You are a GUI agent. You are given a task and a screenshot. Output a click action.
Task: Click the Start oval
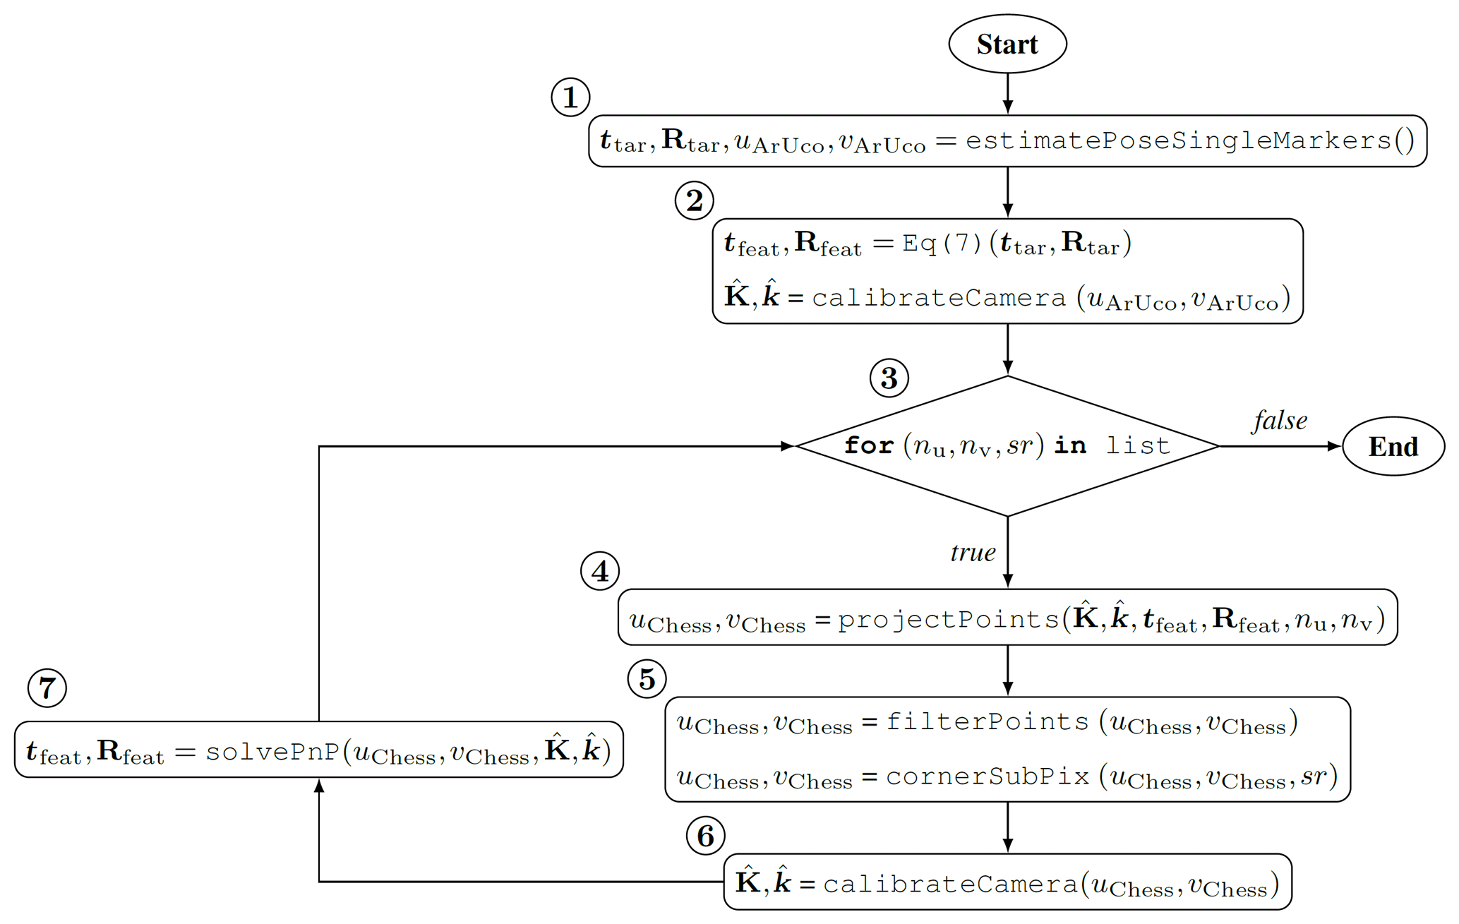(x=1007, y=44)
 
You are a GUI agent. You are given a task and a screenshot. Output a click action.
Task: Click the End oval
(x=1393, y=446)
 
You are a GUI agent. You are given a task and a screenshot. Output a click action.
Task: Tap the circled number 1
(x=570, y=97)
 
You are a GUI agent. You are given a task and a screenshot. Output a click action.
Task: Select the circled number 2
(x=694, y=200)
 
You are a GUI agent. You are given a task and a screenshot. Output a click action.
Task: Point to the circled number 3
(x=889, y=378)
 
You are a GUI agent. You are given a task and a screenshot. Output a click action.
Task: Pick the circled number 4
(x=600, y=571)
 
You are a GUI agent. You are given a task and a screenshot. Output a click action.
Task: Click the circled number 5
(x=647, y=679)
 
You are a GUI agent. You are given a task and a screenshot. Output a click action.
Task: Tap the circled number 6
(x=705, y=836)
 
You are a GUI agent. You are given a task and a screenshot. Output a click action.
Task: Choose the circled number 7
(x=47, y=688)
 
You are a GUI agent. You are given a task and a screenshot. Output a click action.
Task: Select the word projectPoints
(x=948, y=619)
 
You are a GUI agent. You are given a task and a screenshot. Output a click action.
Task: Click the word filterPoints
(x=987, y=721)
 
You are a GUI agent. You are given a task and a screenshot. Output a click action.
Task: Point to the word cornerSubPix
(x=987, y=776)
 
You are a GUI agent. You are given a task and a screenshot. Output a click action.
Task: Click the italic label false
(x=1280, y=421)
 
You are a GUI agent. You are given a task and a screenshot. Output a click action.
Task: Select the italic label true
(x=973, y=552)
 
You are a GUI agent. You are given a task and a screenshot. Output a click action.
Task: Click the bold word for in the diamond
(x=869, y=445)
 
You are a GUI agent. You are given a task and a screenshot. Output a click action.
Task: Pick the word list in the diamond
(x=1138, y=445)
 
